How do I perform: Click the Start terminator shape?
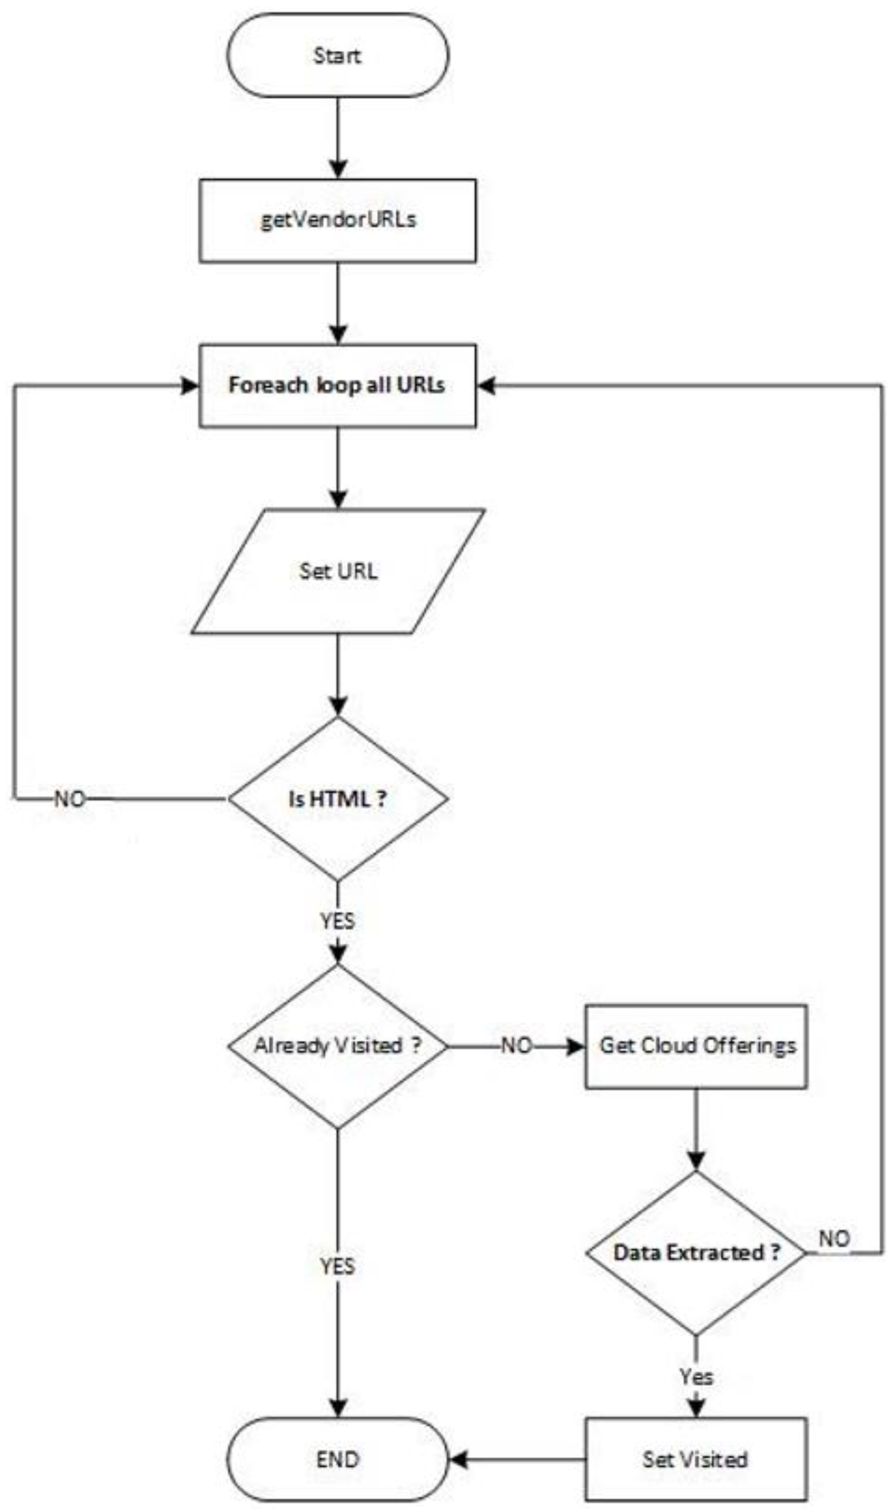(338, 55)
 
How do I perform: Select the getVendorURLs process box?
(338, 220)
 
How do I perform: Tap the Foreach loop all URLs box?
(338, 385)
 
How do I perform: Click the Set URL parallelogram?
(338, 570)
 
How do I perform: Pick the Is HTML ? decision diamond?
(338, 799)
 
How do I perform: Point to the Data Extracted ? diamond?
(696, 1253)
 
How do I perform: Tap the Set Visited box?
(696, 1459)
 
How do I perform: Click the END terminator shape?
(338, 1459)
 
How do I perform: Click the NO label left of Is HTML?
(70, 799)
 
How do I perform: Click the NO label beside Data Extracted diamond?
(834, 1239)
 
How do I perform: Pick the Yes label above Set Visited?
(696, 1377)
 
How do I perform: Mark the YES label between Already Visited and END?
(338, 1266)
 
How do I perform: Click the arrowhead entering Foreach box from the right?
(486, 385)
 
